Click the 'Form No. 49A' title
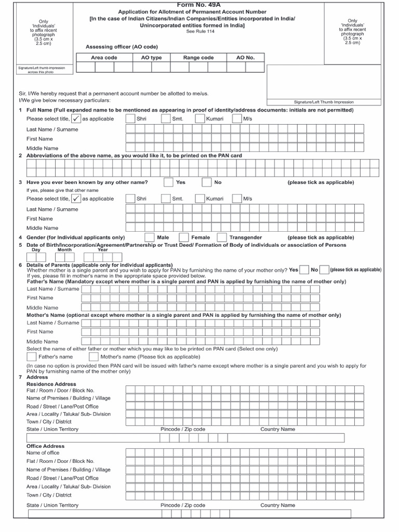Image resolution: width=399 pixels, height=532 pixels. [199, 4]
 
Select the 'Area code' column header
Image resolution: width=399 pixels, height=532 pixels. [104, 58]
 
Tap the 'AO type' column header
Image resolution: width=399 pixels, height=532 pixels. [151, 58]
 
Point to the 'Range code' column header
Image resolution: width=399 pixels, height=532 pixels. [199, 58]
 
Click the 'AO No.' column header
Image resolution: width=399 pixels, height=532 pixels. [245, 58]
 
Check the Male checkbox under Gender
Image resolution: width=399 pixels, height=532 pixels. [149, 237]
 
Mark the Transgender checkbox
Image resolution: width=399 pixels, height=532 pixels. [222, 237]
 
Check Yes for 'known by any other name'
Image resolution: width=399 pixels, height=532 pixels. [168, 182]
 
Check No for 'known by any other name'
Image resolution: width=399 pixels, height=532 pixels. [206, 182]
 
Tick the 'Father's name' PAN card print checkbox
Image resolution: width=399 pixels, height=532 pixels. [31, 357]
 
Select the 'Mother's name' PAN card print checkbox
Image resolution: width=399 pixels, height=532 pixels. [94, 357]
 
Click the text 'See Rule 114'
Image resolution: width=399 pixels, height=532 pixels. [199, 32]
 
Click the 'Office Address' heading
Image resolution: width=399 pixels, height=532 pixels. [46, 446]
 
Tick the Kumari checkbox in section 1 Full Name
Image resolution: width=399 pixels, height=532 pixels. [199, 119]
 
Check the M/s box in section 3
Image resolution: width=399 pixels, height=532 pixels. [237, 199]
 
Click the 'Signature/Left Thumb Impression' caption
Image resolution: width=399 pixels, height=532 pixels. [324, 102]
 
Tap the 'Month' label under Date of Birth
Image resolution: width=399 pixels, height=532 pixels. [64, 250]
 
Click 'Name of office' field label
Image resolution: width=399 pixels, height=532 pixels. [43, 453]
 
